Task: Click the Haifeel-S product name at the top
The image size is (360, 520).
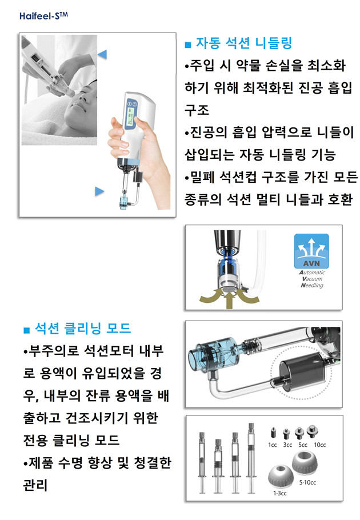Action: pos(43,15)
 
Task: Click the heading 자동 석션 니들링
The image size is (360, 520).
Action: pos(243,43)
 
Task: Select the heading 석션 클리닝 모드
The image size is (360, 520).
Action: pos(83,328)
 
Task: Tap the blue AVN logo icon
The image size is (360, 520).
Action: pos(311,251)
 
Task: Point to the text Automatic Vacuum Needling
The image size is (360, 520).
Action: pos(312,279)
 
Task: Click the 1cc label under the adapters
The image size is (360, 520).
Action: pos(272,445)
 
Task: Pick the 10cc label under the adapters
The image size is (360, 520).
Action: pos(319,445)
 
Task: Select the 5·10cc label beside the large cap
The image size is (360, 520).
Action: pos(307,482)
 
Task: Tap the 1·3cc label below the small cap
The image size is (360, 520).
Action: pos(280,493)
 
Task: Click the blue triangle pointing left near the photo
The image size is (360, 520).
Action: pos(102,54)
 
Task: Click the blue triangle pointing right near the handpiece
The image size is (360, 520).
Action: pos(99,191)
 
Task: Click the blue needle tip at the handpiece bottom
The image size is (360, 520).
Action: pos(124,202)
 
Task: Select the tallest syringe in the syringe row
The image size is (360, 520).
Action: pos(251,458)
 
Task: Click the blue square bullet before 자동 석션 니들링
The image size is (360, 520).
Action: pos(188,45)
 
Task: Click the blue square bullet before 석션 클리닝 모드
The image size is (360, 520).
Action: pos(27,330)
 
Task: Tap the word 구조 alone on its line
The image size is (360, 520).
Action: pos(197,110)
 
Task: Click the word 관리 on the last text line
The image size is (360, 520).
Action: pos(35,485)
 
